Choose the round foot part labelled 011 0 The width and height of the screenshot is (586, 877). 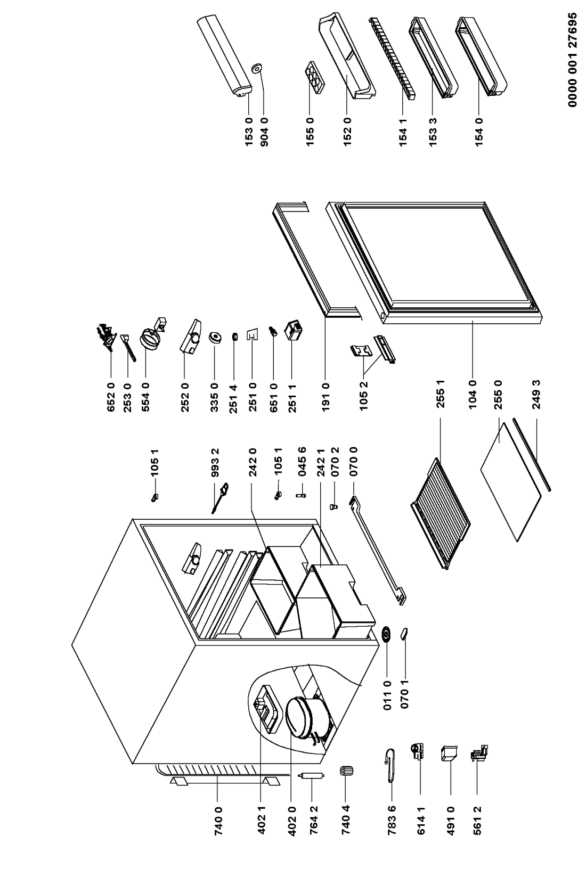point(387,634)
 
